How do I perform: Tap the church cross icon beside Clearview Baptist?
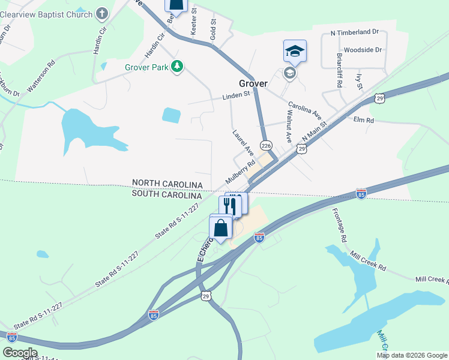pos(102,13)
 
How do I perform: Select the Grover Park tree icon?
pos(176,67)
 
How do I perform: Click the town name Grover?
pos(253,83)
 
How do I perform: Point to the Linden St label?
pos(235,95)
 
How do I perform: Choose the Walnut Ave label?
pos(289,125)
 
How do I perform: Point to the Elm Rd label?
pos(364,121)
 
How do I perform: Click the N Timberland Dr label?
pos(355,32)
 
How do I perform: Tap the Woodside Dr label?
pos(363,50)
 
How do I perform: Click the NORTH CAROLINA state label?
pos(167,182)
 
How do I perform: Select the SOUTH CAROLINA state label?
pos(167,195)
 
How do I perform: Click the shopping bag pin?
pos(221,228)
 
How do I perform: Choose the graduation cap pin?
pos(295,51)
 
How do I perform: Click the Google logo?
pos(20,353)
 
